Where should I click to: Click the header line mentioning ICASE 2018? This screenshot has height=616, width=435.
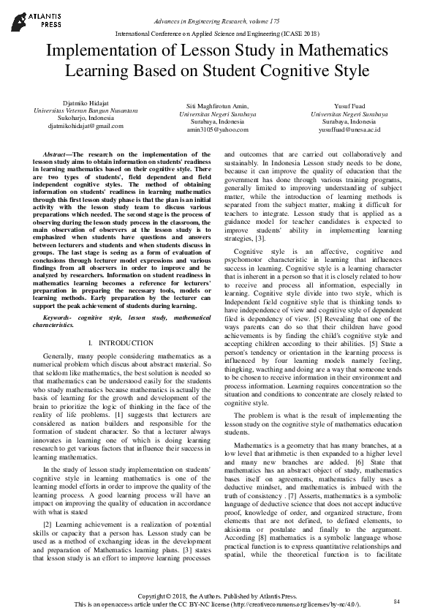click(x=217, y=34)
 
